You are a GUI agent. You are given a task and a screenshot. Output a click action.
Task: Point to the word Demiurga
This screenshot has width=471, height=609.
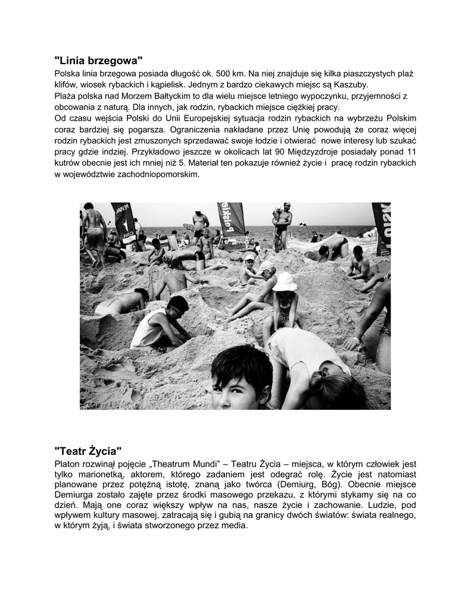[74, 495]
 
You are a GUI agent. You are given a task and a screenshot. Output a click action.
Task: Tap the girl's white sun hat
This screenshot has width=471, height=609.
[284, 281]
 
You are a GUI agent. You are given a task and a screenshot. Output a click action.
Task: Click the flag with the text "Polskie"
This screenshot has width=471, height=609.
[231, 218]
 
